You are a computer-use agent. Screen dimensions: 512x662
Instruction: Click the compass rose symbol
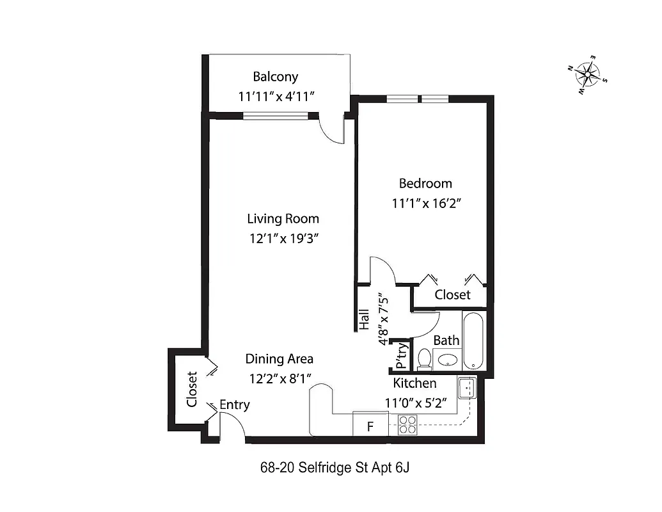(587, 76)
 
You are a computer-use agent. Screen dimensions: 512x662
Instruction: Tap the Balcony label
(275, 77)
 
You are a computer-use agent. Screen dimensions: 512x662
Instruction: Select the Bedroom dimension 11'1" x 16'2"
(427, 204)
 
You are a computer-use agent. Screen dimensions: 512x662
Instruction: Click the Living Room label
(283, 219)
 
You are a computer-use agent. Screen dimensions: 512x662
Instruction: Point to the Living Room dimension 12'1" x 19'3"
(284, 239)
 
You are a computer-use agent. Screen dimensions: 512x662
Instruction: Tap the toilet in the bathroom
(423, 359)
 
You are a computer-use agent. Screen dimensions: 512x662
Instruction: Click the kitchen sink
(467, 387)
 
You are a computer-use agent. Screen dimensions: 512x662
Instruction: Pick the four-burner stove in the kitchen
(407, 425)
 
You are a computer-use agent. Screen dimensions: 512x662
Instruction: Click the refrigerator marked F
(370, 426)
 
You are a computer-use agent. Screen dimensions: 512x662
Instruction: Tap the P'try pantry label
(401, 356)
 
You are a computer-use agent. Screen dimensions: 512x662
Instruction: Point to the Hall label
(364, 319)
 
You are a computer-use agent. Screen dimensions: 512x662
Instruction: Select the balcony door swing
(332, 131)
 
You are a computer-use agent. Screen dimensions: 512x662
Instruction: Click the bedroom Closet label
(452, 295)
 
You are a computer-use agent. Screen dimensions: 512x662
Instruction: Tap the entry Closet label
(191, 390)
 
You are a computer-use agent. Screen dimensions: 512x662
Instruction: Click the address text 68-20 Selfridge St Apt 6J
(335, 467)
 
